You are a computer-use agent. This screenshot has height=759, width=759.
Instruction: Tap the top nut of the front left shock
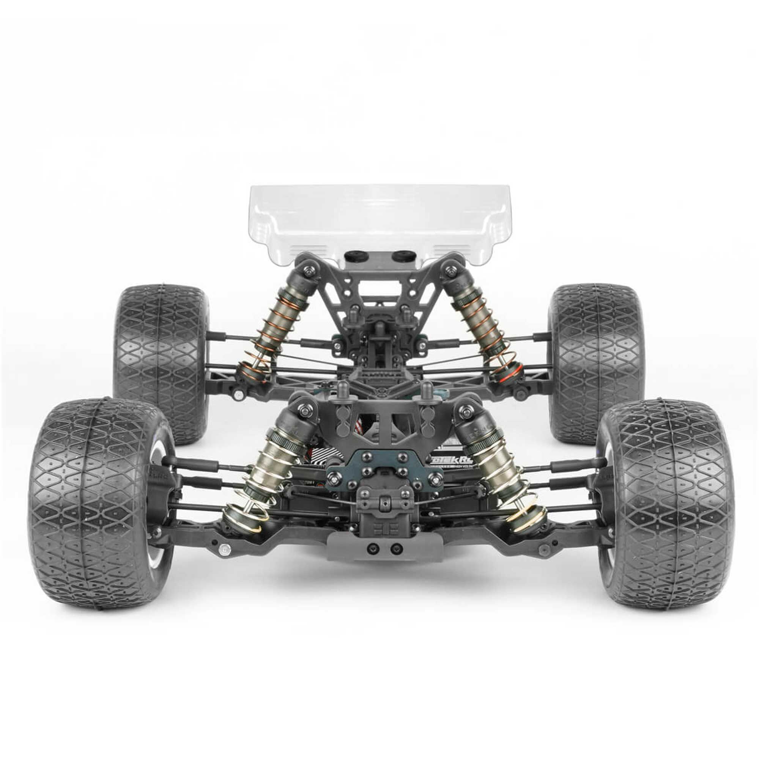click(305, 411)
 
